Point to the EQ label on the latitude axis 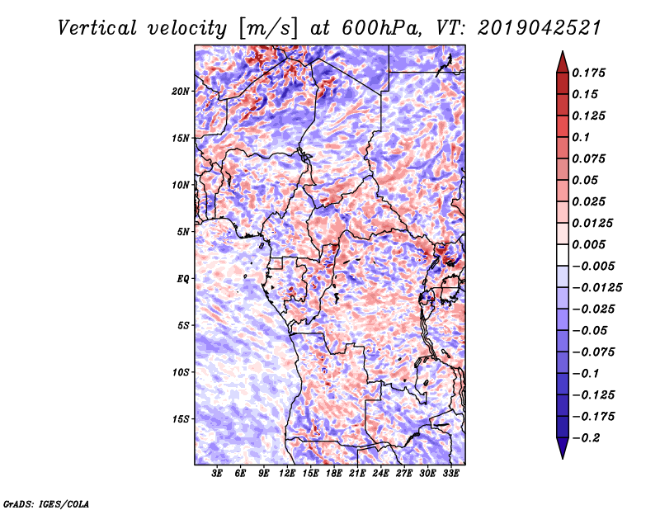pyautogui.click(x=183, y=278)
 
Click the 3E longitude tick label pyautogui.click(x=218, y=474)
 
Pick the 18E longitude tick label pyautogui.click(x=334, y=474)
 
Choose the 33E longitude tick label pyautogui.click(x=450, y=474)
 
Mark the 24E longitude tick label pyautogui.click(x=381, y=474)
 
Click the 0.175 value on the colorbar pyautogui.click(x=592, y=73)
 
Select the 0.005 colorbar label pyautogui.click(x=592, y=244)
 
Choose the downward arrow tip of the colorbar pyautogui.click(x=562, y=456)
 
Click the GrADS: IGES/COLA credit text pyautogui.click(x=46, y=503)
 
